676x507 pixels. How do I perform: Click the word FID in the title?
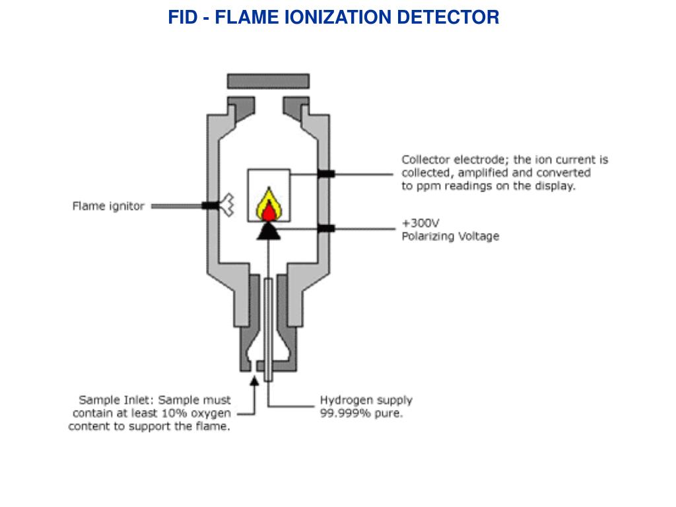182,17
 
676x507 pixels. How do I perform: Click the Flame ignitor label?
108,206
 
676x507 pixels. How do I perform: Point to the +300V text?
421,223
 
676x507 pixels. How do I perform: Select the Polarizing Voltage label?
450,236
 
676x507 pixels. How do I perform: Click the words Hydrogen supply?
366,401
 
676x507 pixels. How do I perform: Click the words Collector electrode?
456,160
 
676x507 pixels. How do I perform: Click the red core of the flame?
269,212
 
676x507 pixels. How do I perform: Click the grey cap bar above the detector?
268,81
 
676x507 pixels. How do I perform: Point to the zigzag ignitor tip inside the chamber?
227,205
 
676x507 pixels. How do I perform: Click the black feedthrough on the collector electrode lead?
326,174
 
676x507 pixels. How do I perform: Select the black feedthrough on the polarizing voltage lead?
326,228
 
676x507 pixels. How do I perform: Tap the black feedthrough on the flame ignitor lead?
211,206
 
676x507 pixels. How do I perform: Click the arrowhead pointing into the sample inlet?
254,381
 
